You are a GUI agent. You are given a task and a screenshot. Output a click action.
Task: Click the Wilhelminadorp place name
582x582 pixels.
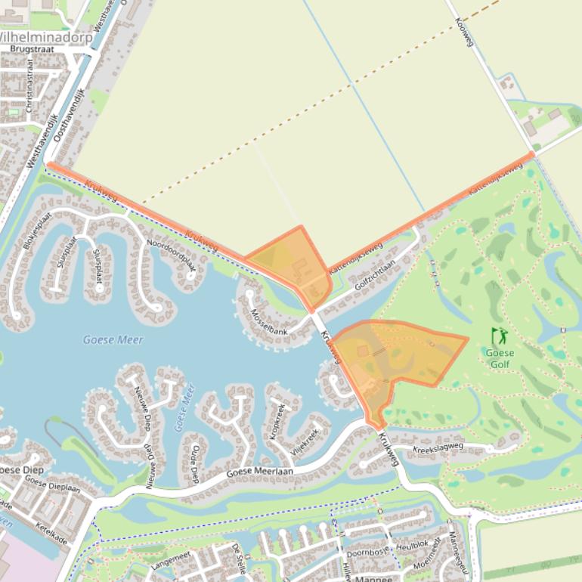(45, 36)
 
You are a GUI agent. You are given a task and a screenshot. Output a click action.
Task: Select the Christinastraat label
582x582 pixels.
(29, 91)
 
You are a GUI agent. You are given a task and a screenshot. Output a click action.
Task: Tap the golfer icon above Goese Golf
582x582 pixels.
(499, 336)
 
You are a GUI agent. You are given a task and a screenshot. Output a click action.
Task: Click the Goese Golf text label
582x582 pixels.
(499, 358)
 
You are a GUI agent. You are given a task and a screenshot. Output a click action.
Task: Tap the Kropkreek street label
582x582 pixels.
(277, 423)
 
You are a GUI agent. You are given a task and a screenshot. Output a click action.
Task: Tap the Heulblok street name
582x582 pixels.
(412, 544)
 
